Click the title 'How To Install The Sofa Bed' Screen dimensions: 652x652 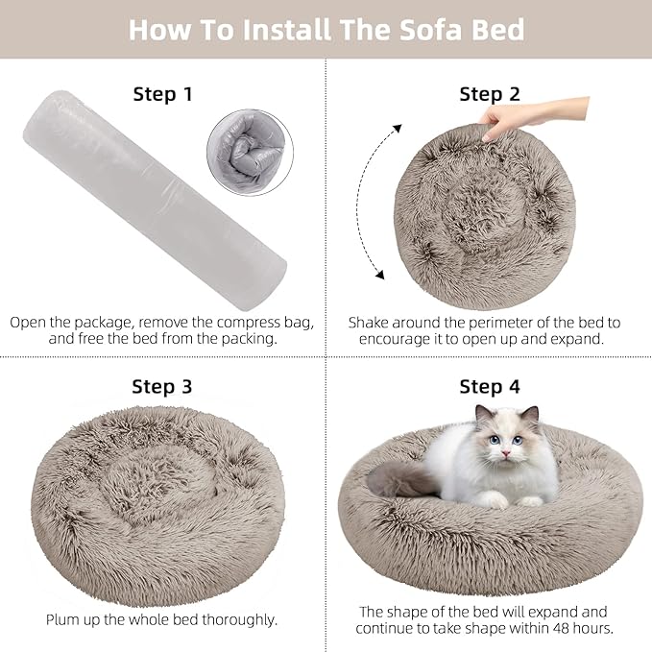click(x=326, y=29)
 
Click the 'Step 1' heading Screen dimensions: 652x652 click(x=161, y=94)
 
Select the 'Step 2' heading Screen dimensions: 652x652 click(x=489, y=94)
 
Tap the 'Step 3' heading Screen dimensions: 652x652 click(x=161, y=387)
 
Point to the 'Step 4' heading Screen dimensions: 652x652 click(x=489, y=387)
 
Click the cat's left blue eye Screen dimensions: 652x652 click(x=494, y=441)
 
